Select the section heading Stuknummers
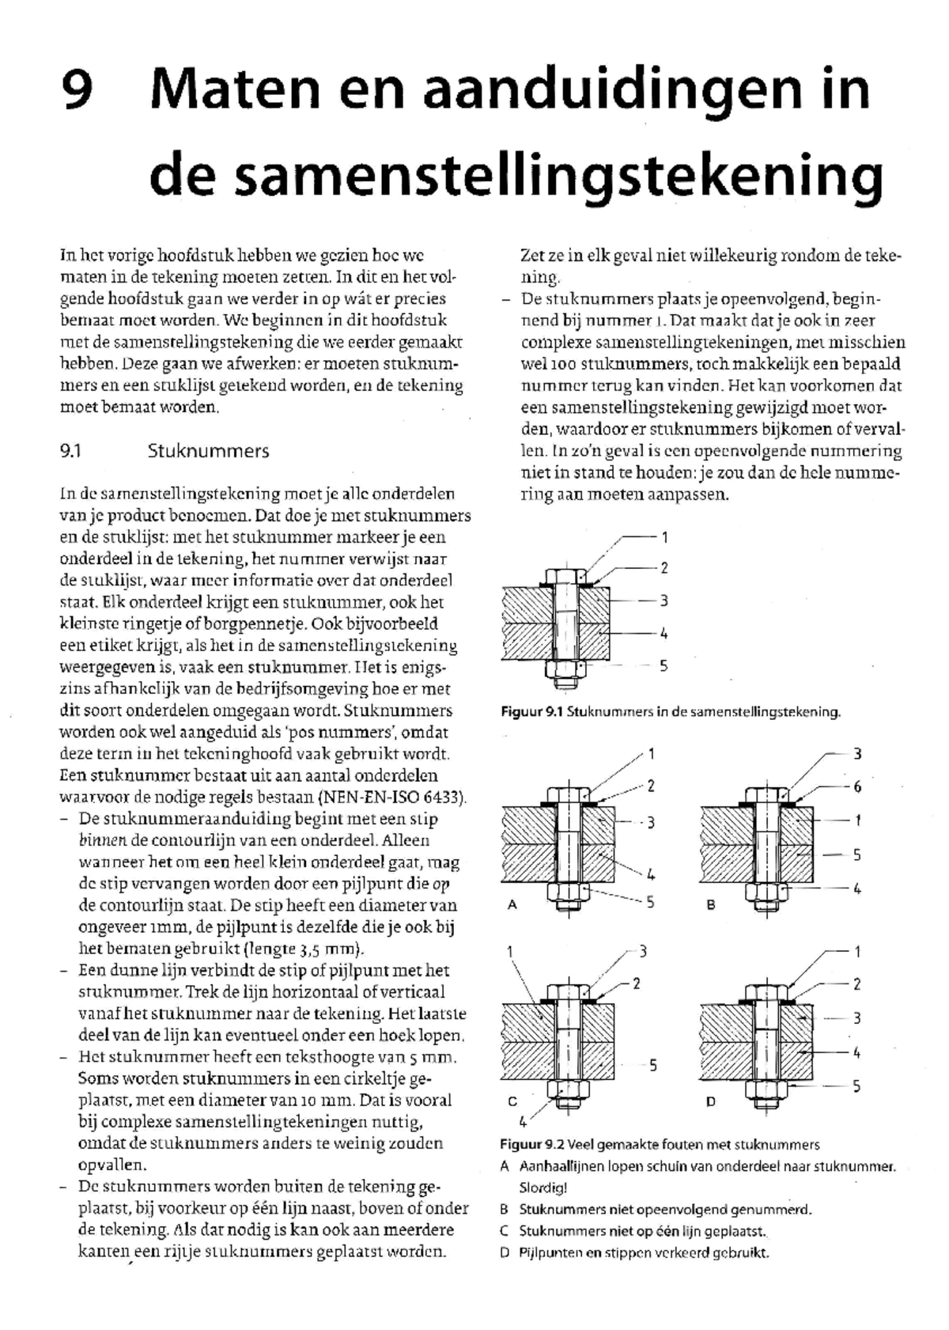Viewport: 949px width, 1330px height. (x=208, y=452)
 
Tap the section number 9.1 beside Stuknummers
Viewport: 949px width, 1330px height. (x=71, y=452)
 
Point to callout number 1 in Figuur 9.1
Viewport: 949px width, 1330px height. (x=664, y=537)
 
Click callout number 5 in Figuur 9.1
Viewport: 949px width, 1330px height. (x=664, y=666)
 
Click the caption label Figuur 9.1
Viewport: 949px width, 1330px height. (x=531, y=712)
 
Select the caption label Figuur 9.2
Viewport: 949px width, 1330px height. (x=531, y=1145)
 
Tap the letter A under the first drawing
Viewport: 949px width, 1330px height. (x=512, y=904)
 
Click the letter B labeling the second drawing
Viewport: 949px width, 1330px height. (x=711, y=904)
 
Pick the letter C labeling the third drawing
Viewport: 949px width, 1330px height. (x=512, y=1101)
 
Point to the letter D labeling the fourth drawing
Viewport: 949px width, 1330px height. (x=711, y=1101)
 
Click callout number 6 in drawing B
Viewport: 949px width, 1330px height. (x=857, y=787)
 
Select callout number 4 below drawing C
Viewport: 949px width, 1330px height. (x=522, y=1121)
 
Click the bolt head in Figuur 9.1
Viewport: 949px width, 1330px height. (x=565, y=576)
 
